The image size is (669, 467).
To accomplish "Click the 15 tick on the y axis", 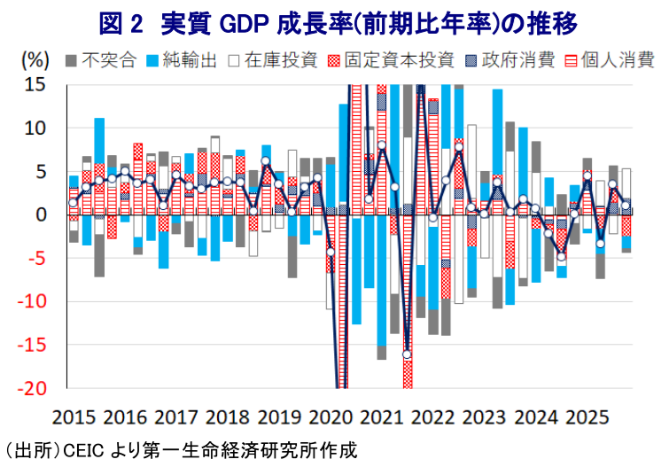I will pyautogui.click(x=35, y=84).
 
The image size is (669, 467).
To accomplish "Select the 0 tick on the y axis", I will pyautogui.click(x=41, y=214).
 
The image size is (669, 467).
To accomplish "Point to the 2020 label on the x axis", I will pyautogui.click(x=332, y=416).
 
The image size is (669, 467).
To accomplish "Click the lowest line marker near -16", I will pyautogui.click(x=408, y=354).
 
